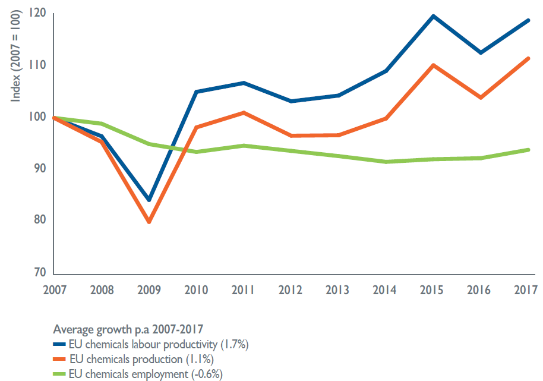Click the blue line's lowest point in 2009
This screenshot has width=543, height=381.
[149, 200]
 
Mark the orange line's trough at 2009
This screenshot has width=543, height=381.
[149, 222]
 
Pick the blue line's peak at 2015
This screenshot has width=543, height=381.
[433, 16]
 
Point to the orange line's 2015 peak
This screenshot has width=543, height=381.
[433, 65]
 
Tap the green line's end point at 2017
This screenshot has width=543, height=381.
[528, 150]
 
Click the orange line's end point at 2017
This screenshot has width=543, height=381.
[528, 58]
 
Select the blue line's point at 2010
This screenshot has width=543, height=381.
[196, 92]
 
